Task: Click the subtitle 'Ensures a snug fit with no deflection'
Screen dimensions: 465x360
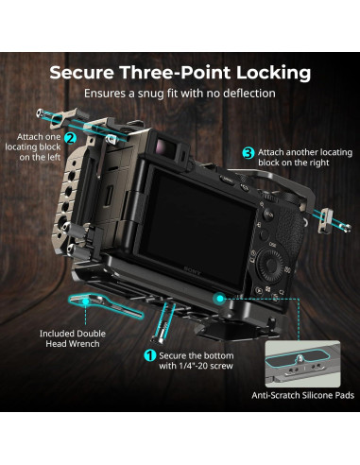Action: click(180, 95)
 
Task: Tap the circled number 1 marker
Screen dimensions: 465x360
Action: click(148, 356)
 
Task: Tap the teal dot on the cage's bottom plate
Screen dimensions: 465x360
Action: click(219, 296)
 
